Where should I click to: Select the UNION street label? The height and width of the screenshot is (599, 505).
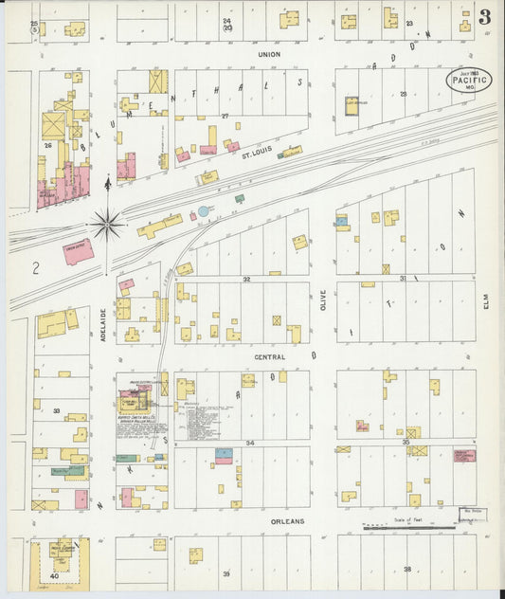tap(270, 54)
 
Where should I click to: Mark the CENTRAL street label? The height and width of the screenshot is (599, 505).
tap(270, 356)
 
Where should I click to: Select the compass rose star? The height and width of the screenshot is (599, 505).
tap(107, 225)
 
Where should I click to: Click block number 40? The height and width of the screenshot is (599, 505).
tap(55, 575)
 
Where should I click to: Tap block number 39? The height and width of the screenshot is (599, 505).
tap(226, 574)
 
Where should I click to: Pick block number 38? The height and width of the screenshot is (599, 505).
tap(407, 569)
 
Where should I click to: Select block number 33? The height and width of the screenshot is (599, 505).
tap(57, 411)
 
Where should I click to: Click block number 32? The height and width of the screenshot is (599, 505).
tap(245, 280)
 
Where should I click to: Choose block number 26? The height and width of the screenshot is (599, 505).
tap(46, 145)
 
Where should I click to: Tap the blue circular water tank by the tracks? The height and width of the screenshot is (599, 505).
tap(204, 210)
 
